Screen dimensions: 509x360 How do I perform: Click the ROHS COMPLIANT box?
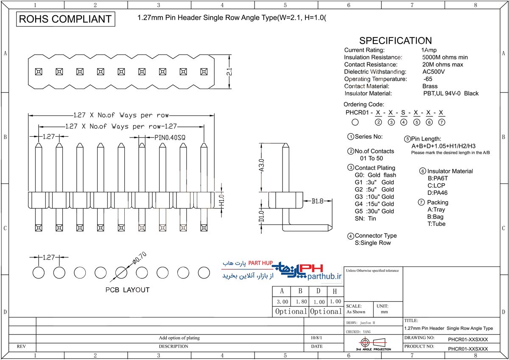[66, 19]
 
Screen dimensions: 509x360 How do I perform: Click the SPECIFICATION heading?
[395, 41]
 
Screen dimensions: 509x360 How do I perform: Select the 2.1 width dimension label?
[229, 72]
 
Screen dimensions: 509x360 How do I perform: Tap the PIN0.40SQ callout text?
[170, 138]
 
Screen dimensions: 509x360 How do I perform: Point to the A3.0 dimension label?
[262, 165]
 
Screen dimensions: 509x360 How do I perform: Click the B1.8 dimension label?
[317, 201]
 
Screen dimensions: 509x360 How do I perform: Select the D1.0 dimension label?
[262, 216]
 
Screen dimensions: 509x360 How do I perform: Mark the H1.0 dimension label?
[222, 200]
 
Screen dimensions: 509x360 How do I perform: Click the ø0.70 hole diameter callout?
[140, 259]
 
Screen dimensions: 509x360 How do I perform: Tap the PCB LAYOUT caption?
[128, 290]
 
